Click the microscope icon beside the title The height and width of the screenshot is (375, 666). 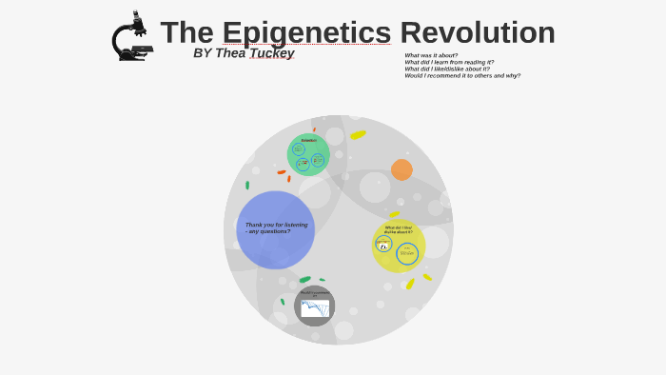[131, 37]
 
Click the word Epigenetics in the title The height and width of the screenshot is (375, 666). [305, 32]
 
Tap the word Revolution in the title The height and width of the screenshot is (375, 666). [477, 32]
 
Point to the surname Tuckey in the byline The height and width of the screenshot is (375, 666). [271, 53]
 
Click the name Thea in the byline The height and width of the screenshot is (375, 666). [230, 53]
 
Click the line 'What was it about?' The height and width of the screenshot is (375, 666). [431, 55]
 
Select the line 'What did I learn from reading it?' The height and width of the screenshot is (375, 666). [449, 62]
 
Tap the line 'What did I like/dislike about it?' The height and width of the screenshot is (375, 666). [447, 69]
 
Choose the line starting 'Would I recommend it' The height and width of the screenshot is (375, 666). [462, 75]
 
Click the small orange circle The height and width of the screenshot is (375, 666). [402, 169]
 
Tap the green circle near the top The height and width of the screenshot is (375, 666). [308, 155]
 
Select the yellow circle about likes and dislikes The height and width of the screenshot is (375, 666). [398, 246]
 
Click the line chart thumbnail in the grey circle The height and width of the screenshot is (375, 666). [315, 308]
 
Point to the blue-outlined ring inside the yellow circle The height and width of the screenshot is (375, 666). [407, 253]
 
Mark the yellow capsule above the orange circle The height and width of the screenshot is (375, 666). [358, 135]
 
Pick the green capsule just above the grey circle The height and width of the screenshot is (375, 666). [304, 280]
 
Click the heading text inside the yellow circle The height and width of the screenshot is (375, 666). [399, 229]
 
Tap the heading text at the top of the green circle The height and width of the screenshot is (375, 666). [308, 140]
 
